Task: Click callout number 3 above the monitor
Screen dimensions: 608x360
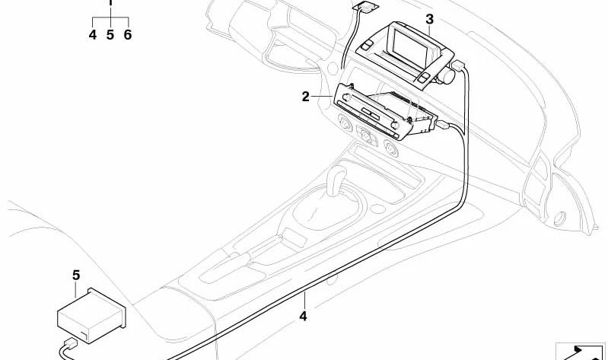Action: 429,19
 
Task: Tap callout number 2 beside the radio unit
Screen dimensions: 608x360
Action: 306,97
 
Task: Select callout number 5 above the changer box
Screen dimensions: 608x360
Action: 76,276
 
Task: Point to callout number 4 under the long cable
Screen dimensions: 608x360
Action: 303,316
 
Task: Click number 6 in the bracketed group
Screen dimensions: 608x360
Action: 128,35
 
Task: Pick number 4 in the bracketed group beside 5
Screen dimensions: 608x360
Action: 92,35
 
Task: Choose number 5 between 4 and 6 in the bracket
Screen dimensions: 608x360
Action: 110,35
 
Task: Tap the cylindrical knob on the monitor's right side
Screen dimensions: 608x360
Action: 447,75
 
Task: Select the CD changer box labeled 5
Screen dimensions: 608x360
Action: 91,315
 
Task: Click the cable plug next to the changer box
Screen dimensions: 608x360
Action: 71,343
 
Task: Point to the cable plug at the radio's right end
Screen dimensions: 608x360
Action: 443,126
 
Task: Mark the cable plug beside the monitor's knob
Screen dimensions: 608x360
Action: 458,65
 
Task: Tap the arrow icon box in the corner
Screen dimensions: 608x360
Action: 581,352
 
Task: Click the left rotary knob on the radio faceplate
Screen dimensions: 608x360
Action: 347,97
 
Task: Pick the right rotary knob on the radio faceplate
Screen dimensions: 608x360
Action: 394,126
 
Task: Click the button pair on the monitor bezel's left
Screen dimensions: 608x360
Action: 366,46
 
